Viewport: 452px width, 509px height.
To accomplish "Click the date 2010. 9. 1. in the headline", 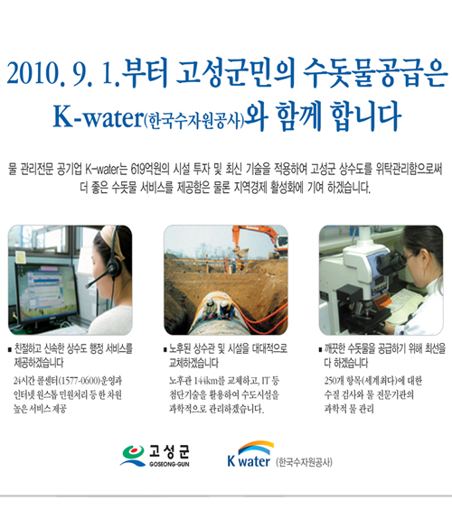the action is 63,74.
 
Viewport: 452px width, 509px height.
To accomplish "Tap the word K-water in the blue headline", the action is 99,116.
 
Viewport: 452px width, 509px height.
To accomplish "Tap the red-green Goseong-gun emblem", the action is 133,455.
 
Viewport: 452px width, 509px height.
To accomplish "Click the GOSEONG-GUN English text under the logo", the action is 169,464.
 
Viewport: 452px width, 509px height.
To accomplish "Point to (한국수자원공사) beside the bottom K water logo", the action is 304,462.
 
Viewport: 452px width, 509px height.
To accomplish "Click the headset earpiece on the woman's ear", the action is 114,270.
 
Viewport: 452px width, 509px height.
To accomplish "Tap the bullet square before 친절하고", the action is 10,350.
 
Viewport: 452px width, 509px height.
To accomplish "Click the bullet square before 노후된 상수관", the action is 165,350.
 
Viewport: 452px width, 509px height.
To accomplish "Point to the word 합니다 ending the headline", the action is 366,116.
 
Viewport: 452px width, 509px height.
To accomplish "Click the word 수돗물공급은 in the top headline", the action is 375,73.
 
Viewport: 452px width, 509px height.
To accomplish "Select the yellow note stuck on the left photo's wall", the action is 20,257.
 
